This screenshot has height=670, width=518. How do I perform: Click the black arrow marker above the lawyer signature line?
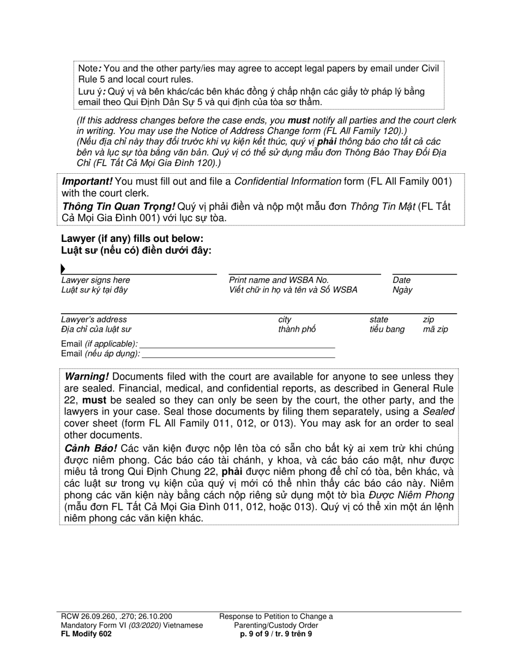(63, 269)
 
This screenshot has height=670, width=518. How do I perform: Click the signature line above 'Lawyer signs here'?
(139, 273)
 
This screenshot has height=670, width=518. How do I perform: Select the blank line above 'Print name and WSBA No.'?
(304, 273)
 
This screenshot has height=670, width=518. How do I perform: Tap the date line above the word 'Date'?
(424, 273)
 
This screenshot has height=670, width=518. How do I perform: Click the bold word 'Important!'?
(87, 181)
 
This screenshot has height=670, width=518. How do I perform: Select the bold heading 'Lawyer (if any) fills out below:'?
(132, 239)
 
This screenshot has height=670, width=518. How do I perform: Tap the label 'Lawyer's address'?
(94, 320)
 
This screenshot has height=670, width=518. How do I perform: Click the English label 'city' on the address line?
(285, 320)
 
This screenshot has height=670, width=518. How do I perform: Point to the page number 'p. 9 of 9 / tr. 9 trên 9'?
(276, 634)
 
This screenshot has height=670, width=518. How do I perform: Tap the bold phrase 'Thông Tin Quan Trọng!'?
(118, 206)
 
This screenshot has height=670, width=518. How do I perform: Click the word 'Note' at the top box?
(88, 69)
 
